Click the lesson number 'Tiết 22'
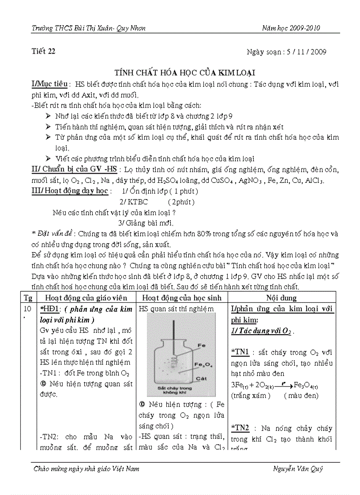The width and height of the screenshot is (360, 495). click(44, 52)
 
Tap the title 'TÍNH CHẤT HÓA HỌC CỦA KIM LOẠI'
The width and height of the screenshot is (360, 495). click(185, 72)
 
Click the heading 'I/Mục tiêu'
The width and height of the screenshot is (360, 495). click(49, 84)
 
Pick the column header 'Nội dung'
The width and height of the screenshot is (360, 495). click(281, 298)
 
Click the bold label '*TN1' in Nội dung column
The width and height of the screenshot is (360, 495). click(240, 352)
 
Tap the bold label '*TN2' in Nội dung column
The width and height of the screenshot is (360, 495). click(240, 428)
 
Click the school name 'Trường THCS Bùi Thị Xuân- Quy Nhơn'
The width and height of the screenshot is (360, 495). click(89, 28)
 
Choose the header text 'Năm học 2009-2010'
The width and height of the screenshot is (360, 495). click(291, 28)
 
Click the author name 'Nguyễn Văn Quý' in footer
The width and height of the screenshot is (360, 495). click(298, 469)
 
